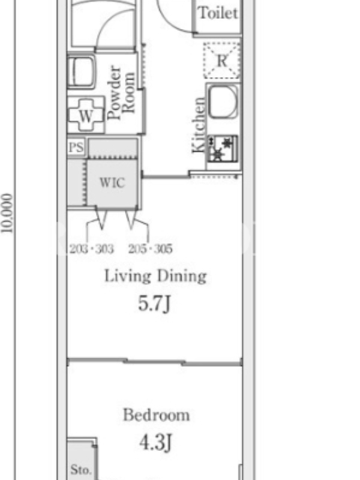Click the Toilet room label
(218, 13)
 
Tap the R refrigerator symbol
(221, 61)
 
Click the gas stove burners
(223, 149)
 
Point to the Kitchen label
(198, 125)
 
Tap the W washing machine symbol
(86, 115)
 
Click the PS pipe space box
(76, 148)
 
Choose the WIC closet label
(112, 183)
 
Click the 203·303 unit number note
(92, 249)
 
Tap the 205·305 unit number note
(151, 249)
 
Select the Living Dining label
(155, 276)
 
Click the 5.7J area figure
(154, 304)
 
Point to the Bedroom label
(156, 415)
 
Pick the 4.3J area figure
(155, 443)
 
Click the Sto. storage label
(80, 469)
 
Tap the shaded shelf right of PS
(113, 148)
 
